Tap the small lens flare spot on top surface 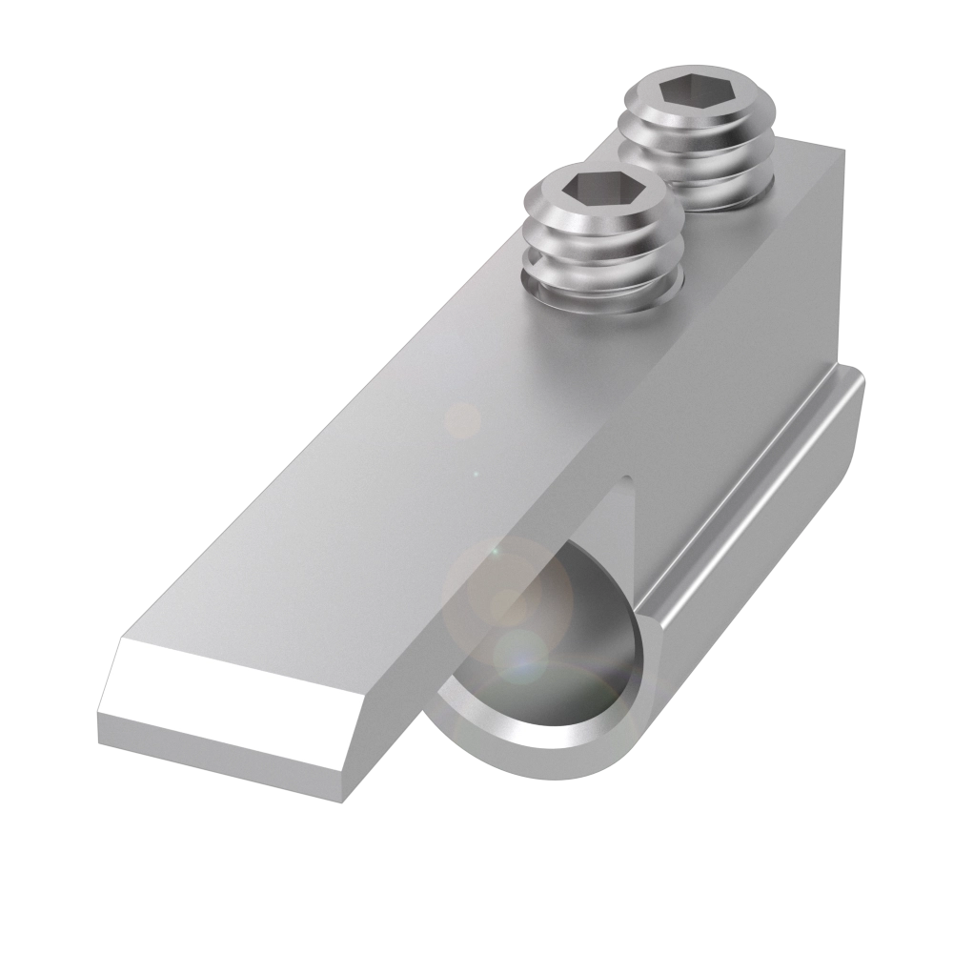(x=464, y=419)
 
